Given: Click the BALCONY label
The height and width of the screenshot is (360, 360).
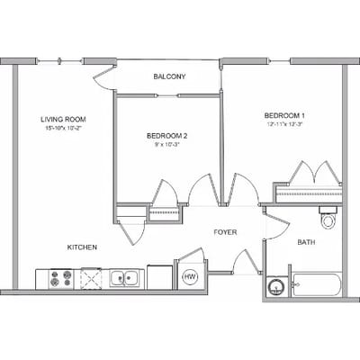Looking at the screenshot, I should tap(169, 76).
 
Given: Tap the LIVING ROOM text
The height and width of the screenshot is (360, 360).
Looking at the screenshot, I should tap(62, 119).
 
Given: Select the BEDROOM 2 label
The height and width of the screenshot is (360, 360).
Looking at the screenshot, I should tap(166, 136).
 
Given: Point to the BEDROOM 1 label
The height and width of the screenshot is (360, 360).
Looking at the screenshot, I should tap(284, 115).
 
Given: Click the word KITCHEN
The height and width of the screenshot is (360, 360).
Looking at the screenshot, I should tap(81, 247).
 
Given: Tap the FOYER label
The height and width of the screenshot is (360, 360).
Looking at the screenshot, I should tap(225, 232).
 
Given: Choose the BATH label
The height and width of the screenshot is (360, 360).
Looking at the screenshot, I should tap(306, 242).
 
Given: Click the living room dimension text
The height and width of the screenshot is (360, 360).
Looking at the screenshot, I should tap(62, 129).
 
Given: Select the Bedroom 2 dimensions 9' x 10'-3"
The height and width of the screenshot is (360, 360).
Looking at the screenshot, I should tap(166, 145).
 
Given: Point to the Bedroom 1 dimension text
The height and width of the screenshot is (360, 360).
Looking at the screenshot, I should tap(284, 124).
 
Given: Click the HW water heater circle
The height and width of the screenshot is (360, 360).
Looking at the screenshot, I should tap(190, 277).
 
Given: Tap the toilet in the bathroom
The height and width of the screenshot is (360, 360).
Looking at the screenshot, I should tap(328, 219).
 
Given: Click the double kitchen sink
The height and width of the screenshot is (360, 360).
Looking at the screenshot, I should tap(124, 278).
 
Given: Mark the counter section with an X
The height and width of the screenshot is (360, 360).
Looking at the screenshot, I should tap(93, 278).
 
